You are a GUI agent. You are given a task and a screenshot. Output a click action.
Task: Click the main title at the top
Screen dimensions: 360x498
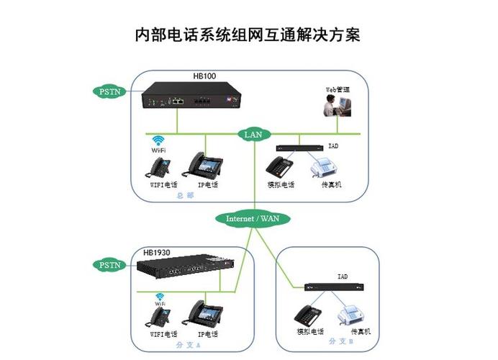pos(248,34)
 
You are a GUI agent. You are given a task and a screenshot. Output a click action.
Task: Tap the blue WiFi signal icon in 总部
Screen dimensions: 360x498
pos(158,141)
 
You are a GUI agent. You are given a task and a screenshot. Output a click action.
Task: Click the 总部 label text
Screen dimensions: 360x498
pos(186,195)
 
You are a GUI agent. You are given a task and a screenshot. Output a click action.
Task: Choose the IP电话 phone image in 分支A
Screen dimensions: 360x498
pos(206,312)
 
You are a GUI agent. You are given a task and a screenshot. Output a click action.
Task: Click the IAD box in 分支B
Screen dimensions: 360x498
pos(332,287)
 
